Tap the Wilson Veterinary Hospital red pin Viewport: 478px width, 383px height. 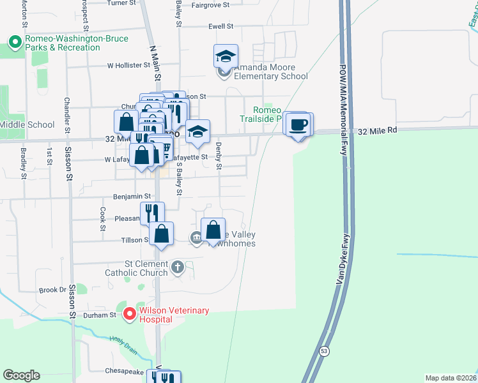pyautogui.click(x=130, y=314)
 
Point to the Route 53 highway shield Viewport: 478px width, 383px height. pyautogui.click(x=324, y=351)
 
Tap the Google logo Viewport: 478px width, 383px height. pyautogui.click(x=21, y=375)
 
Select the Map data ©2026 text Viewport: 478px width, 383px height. pyautogui.click(x=451, y=377)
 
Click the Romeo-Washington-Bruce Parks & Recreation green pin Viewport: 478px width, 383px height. pyautogui.click(x=14, y=43)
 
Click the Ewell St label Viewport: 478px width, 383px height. pyautogui.click(x=221, y=27)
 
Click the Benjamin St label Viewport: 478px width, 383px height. pyautogui.click(x=131, y=197)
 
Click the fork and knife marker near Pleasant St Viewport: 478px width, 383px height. pyautogui.click(x=152, y=213)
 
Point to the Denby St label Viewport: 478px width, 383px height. pyautogui.click(x=219, y=157)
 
